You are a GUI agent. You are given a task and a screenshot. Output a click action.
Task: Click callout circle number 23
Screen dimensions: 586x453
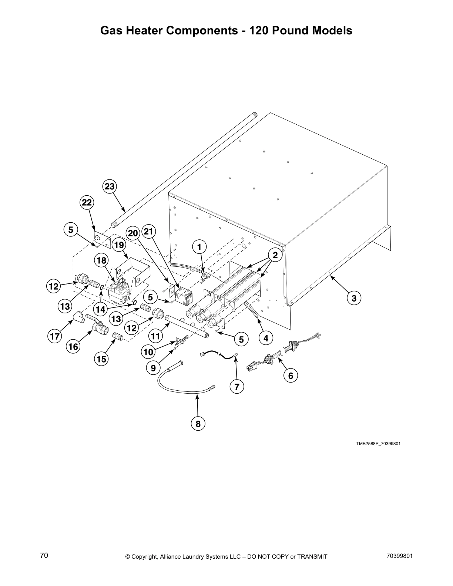tap(110, 186)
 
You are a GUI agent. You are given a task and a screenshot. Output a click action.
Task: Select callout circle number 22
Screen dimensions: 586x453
tap(87, 202)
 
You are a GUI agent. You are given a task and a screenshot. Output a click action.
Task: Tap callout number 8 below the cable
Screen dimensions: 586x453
tap(198, 423)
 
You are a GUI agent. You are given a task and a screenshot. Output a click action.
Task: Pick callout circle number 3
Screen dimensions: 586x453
tap(354, 298)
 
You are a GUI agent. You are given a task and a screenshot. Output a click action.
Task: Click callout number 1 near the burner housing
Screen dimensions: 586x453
tap(200, 246)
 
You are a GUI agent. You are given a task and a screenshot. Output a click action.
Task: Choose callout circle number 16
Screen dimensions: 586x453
tap(73, 346)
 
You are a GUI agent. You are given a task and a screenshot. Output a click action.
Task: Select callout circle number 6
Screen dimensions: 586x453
tap(291, 375)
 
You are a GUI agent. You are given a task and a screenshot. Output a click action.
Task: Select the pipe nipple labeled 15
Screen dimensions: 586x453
tap(118, 337)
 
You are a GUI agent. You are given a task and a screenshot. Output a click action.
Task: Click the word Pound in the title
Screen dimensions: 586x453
tap(290, 30)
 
